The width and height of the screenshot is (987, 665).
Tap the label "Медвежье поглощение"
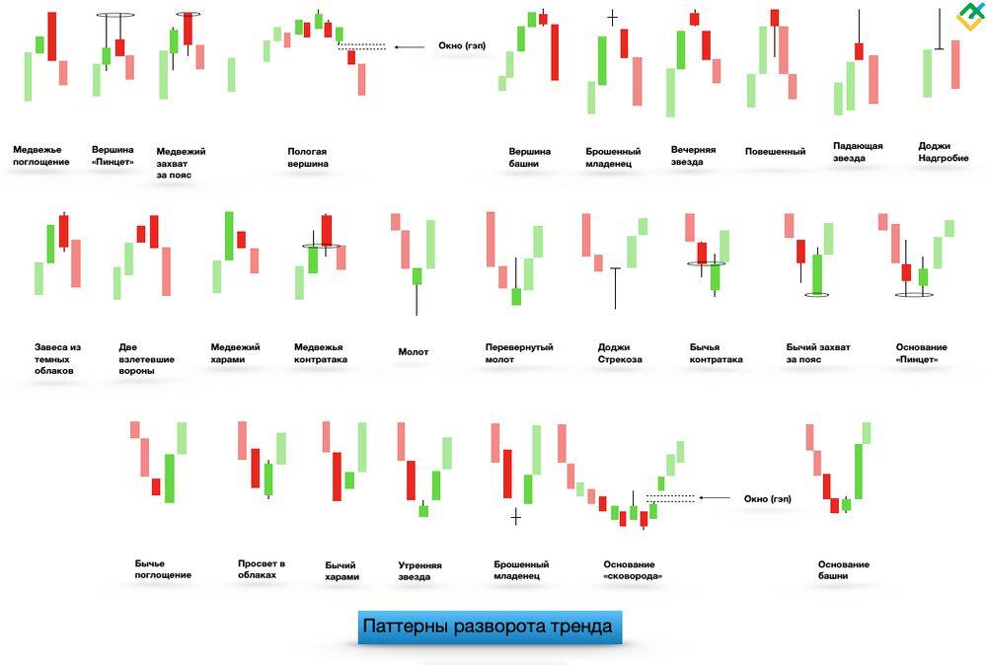pos(41,156)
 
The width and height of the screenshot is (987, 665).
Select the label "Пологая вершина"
pos(308,158)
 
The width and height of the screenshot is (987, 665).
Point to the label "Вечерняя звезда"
pos(693,156)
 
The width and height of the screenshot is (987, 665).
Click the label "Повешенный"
pos(775,152)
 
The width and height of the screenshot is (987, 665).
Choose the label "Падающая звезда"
pos(858,152)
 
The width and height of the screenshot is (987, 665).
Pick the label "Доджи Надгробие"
pos(943,152)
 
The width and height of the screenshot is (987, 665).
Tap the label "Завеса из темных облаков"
pos(57,359)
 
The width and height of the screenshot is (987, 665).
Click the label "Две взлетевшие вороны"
pos(146,359)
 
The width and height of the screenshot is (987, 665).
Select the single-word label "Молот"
pos(414,352)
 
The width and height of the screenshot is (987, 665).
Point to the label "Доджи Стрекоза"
pos(620,353)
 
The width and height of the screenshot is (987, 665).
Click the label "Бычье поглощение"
pos(163,568)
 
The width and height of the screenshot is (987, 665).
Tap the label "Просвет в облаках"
pos(262,569)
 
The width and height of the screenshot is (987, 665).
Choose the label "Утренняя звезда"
pos(419,571)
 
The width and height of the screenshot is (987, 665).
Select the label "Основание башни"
pos(844,570)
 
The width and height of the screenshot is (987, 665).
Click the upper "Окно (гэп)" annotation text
pos(462,46)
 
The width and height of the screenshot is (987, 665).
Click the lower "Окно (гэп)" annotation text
pos(768,499)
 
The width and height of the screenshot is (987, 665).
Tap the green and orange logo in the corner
pos(969,17)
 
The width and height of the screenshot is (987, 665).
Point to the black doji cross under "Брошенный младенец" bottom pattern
pos(515,516)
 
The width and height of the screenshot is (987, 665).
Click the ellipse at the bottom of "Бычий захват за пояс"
pos(816,294)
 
